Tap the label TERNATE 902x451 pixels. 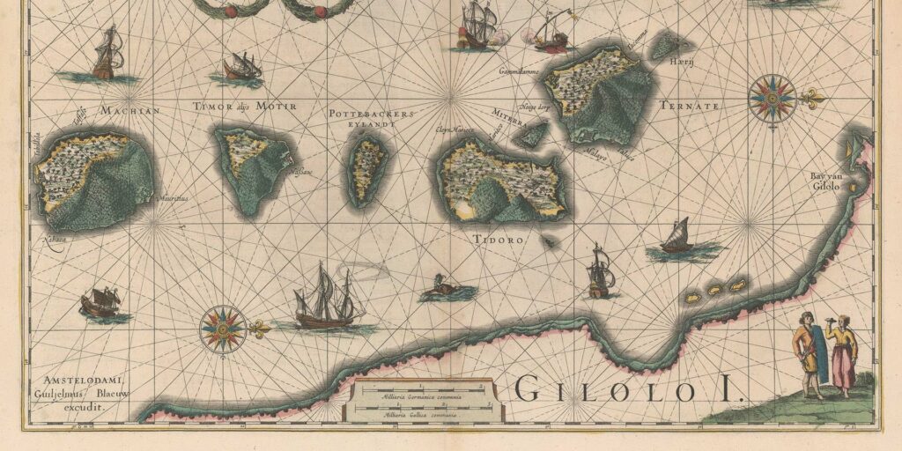(x=689, y=105)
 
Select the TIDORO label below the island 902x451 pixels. (x=499, y=240)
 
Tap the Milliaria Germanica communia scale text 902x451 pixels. (x=421, y=397)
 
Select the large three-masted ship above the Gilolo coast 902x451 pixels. (x=328, y=298)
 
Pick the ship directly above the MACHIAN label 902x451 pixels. (x=108, y=55)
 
